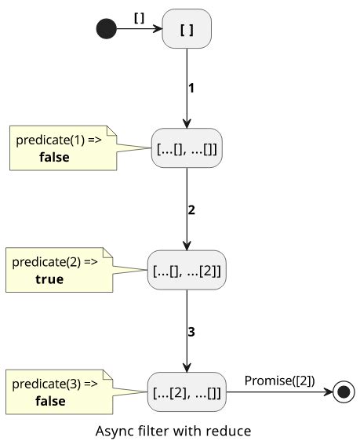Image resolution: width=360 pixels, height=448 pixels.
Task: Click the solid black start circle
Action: click(107, 28)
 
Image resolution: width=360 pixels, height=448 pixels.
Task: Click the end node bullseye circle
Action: click(344, 392)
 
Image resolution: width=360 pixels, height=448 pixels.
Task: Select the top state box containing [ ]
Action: click(187, 28)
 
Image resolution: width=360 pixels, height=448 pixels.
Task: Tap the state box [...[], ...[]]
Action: click(187, 148)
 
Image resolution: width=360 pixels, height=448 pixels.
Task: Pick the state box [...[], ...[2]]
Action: click(187, 270)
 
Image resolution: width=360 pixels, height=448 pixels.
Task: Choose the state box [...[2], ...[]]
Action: click(187, 392)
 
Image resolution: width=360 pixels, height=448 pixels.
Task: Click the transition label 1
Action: click(191, 88)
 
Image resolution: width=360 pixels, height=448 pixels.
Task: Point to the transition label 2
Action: click(191, 210)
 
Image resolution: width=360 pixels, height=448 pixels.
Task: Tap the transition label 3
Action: click(191, 332)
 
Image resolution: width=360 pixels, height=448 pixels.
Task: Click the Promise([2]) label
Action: click(280, 381)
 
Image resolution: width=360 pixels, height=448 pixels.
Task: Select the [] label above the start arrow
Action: click(139, 18)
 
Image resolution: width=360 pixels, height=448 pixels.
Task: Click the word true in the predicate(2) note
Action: click(49, 279)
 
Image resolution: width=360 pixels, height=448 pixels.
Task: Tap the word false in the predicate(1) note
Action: click(54, 157)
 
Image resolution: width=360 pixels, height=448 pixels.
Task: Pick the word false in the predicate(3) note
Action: click(50, 401)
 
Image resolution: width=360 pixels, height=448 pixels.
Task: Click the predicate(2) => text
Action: click(55, 262)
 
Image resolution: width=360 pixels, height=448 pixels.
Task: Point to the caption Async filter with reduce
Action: click(173, 431)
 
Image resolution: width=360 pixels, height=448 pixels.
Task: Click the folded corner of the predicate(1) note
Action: click(111, 130)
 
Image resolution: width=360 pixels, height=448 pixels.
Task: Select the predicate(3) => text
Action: click(55, 384)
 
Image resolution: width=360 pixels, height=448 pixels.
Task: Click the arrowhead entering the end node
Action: click(329, 392)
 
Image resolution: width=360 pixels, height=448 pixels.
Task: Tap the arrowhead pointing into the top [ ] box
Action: click(158, 28)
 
